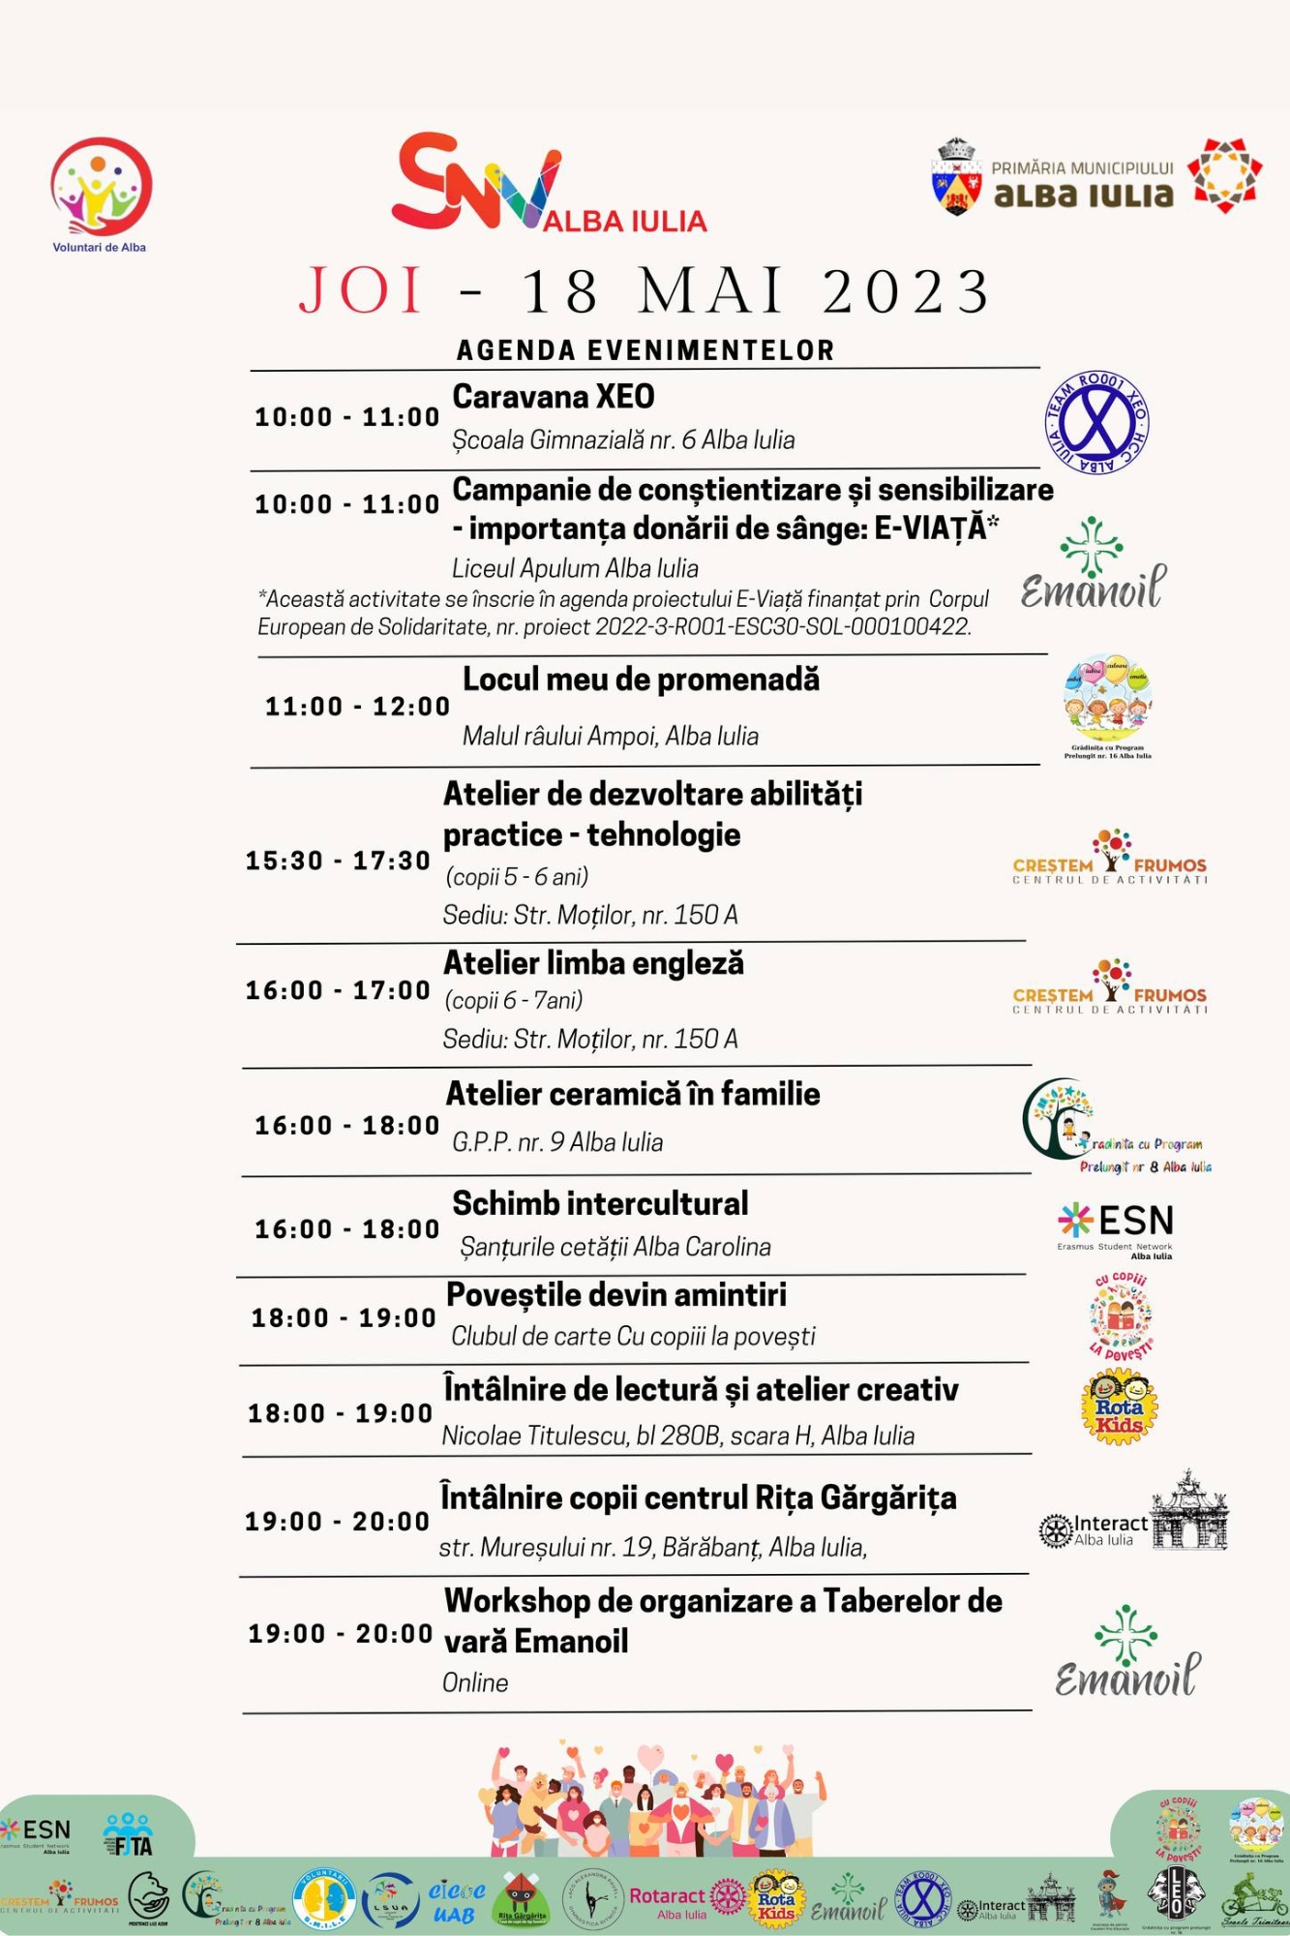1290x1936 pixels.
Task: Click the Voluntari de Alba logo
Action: (101, 192)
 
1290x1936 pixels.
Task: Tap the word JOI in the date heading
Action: (360, 290)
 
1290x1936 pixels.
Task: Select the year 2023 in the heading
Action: (906, 290)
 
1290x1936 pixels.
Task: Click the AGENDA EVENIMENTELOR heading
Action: (645, 350)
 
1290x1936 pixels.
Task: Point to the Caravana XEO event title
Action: (554, 397)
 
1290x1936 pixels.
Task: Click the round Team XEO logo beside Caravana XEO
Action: (1096, 423)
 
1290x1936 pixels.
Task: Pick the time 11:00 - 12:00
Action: (357, 707)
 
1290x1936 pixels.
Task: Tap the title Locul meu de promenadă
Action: (641, 680)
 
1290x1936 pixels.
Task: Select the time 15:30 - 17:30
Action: (338, 861)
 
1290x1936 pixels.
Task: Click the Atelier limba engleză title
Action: (593, 963)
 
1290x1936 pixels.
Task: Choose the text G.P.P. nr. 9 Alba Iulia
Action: (557, 1142)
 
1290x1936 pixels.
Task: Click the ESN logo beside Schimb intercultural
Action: (1117, 1227)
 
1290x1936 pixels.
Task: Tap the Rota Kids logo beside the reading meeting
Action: (1119, 1409)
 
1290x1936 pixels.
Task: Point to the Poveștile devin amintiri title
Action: (615, 1295)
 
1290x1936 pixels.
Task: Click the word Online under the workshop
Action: (475, 1682)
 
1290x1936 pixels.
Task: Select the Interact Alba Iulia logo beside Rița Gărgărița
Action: (1094, 1529)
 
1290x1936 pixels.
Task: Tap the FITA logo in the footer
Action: (128, 1835)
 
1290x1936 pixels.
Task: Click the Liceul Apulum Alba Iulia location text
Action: (575, 568)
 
